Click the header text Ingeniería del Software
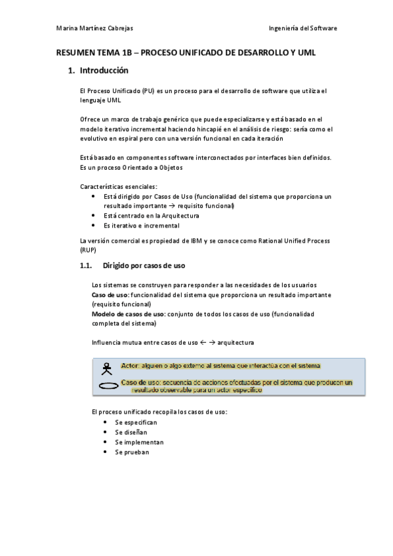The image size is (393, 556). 303,28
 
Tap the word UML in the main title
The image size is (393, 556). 306,52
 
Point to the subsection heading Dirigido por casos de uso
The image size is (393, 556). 144,266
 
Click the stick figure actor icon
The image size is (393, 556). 107,368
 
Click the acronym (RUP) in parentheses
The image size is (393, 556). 87,250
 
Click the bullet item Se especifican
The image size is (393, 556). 135,422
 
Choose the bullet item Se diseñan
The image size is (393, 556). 131,432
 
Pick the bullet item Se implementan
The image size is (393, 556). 139,442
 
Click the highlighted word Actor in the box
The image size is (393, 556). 131,366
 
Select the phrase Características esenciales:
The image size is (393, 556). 118,187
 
